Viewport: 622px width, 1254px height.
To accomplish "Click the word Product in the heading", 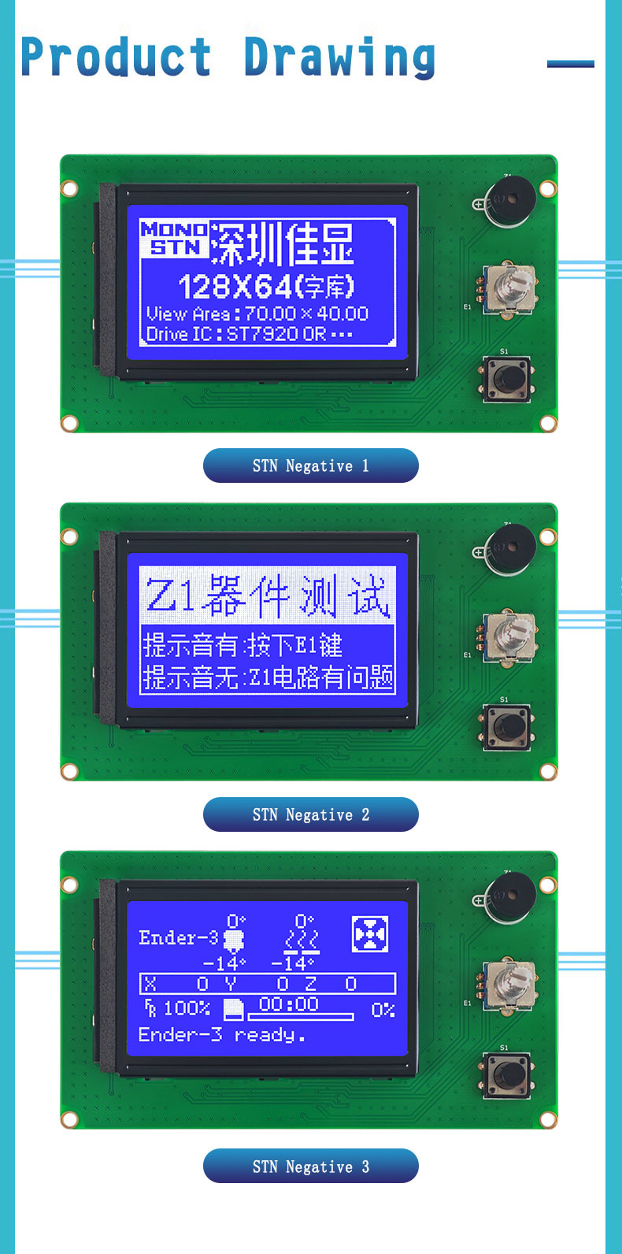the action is pyautogui.click(x=116, y=56).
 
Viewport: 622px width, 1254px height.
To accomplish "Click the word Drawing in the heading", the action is pyautogui.click(x=339, y=58).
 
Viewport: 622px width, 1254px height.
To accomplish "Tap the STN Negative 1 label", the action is pyautogui.click(x=310, y=466).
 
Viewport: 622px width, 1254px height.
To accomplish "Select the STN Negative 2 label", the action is pyautogui.click(x=310, y=814).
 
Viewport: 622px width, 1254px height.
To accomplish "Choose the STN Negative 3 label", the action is pyautogui.click(x=310, y=1166).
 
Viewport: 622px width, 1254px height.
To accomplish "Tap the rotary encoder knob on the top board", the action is pyautogui.click(x=509, y=289).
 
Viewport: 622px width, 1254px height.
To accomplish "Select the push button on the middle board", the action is pyautogui.click(x=507, y=727).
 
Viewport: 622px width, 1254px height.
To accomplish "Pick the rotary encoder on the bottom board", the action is pyautogui.click(x=509, y=986).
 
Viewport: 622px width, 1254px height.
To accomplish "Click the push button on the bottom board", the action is pyautogui.click(x=507, y=1075).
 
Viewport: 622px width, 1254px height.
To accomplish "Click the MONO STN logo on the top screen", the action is pyautogui.click(x=174, y=239).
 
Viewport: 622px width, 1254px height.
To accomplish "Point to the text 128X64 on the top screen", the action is pyautogui.click(x=235, y=287).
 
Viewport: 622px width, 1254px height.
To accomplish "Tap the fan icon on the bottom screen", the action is pyautogui.click(x=370, y=933).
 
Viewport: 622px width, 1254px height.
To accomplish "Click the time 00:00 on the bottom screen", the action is pyautogui.click(x=289, y=1004).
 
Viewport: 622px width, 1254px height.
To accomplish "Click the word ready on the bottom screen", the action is pyautogui.click(x=264, y=1035).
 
